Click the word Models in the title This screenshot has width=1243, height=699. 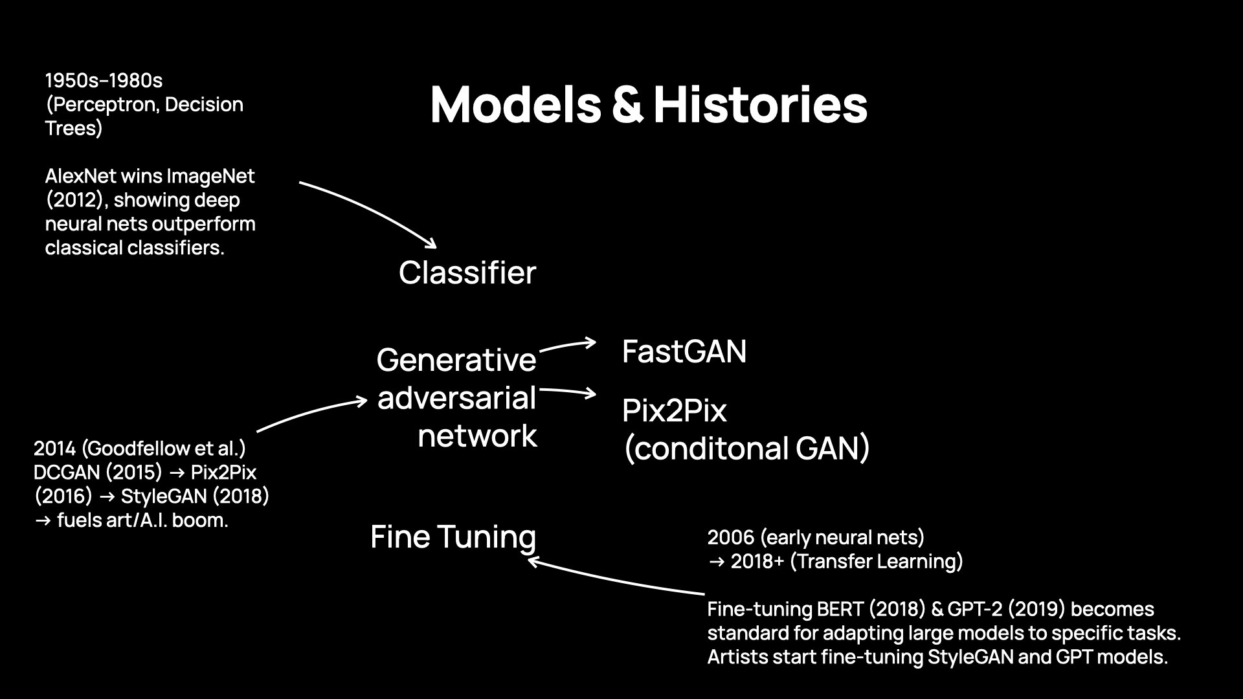click(515, 105)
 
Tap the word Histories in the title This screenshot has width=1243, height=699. click(760, 105)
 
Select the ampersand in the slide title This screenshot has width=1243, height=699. click(627, 106)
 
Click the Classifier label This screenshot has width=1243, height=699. click(467, 272)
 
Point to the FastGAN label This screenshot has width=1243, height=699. click(684, 351)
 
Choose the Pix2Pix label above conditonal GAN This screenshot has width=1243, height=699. click(674, 410)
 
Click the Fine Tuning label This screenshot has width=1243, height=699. click(453, 537)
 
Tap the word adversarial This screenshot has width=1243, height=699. click(456, 397)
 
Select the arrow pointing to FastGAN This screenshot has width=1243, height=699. click(567, 346)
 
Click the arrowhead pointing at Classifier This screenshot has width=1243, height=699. click(431, 244)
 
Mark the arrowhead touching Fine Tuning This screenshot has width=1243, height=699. click(534, 561)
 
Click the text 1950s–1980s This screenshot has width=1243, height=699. click(104, 81)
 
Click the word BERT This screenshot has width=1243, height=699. click(840, 609)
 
